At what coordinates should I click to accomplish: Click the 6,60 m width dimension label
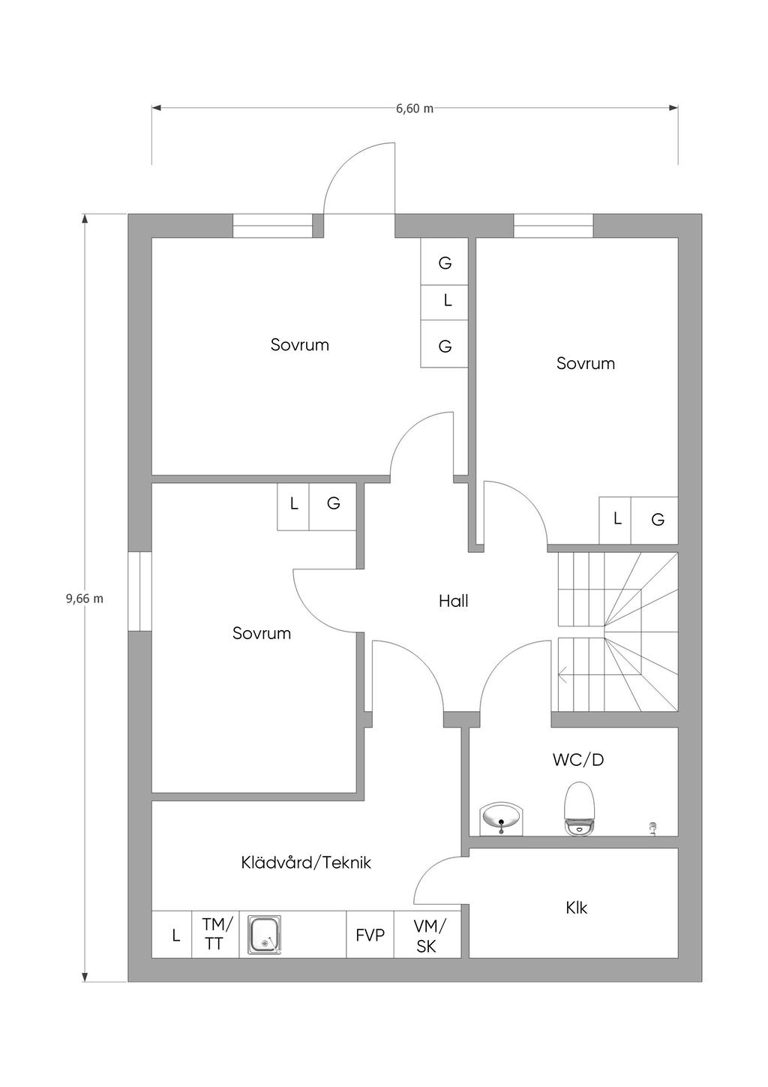coord(415,108)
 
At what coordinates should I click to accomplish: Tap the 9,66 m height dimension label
coord(85,599)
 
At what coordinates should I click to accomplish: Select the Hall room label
coord(454,601)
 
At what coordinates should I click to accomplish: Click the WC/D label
coord(577,760)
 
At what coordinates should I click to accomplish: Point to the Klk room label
coord(576,908)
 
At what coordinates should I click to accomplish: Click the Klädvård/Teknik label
coord(306,863)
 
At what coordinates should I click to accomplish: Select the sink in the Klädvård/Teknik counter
coord(263,934)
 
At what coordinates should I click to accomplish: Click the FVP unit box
coord(370,935)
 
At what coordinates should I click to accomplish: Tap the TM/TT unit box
coord(216,934)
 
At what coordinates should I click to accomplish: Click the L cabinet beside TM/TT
coord(175,935)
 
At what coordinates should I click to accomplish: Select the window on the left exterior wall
coord(139,591)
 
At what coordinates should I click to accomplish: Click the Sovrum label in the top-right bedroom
coord(586,364)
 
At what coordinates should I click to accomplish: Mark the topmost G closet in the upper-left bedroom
coord(445,262)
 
